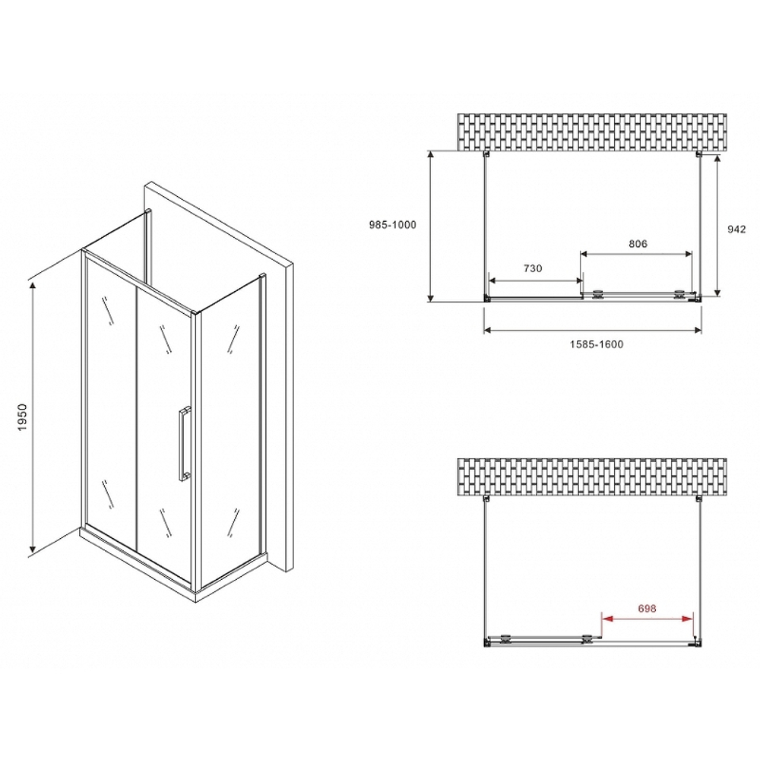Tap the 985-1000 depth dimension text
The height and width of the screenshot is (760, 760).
[x=392, y=226]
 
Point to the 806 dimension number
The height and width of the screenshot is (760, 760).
[x=637, y=244]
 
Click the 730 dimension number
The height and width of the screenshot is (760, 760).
[x=532, y=268]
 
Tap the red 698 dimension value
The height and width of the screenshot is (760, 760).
[x=647, y=609]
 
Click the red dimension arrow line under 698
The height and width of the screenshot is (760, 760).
[x=647, y=617]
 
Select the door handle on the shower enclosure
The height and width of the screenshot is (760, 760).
[x=183, y=444]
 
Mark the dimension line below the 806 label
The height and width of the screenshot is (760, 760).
[x=637, y=253]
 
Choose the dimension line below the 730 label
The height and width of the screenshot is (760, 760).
[x=534, y=278]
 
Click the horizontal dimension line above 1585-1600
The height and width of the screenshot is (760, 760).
[x=593, y=330]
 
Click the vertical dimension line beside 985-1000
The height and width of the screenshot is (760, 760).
[x=431, y=226]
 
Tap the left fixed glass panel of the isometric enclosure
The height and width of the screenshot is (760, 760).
[x=110, y=395]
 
